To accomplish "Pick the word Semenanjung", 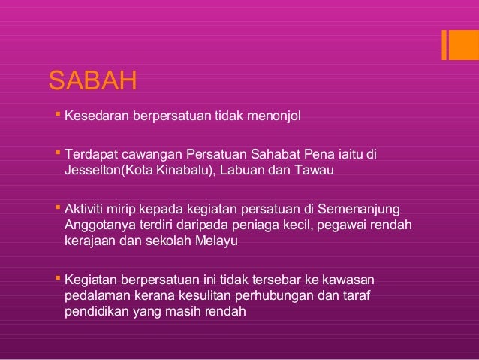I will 360,207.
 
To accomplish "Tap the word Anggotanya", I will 94,224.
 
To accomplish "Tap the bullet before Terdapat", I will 58,154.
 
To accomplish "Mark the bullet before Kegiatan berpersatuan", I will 58,277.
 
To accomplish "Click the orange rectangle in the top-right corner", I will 459,44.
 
